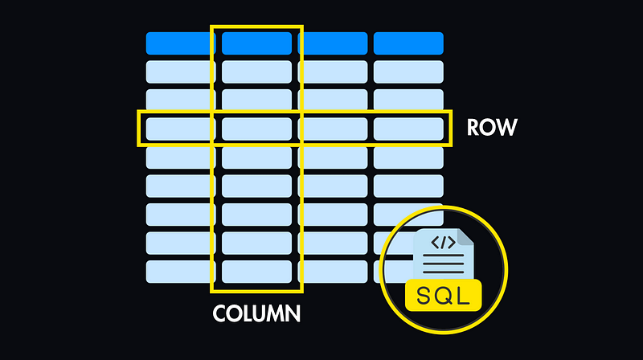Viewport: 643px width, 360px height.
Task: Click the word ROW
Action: pyautogui.click(x=493, y=128)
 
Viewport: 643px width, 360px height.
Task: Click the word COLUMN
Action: pyautogui.click(x=256, y=313)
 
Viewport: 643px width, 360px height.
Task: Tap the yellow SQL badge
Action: pyautogui.click(x=444, y=295)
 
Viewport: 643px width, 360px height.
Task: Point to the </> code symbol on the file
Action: pyautogui.click(x=444, y=241)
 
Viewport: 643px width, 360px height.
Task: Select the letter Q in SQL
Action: pyautogui.click(x=444, y=295)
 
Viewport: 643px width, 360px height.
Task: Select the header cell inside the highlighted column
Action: pyautogui.click(x=256, y=43)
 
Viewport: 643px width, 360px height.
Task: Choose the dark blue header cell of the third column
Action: pyautogui.click(x=333, y=43)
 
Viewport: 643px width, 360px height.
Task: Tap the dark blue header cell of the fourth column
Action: pyautogui.click(x=408, y=43)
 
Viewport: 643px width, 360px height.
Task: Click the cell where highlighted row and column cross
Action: pyautogui.click(x=256, y=129)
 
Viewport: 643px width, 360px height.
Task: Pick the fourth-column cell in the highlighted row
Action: pyautogui.click(x=408, y=129)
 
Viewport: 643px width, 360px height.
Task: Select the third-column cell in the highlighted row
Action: pyautogui.click(x=333, y=129)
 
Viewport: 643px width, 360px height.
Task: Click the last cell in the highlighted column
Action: pyautogui.click(x=256, y=271)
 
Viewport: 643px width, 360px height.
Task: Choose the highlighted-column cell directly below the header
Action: pyautogui.click(x=256, y=72)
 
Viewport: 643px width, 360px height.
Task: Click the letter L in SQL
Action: pyautogui.click(x=464, y=295)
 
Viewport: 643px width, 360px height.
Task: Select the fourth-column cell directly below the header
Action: pyautogui.click(x=408, y=72)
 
